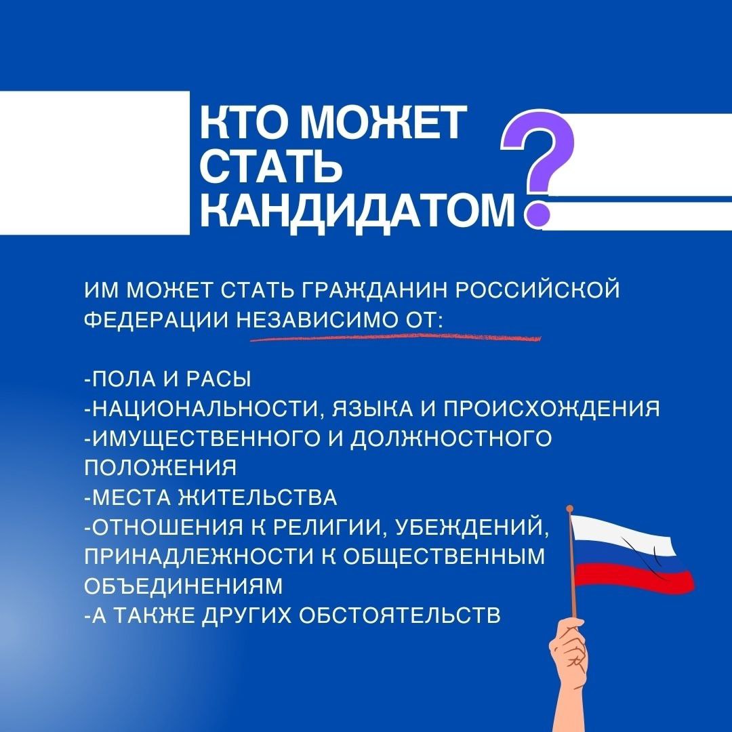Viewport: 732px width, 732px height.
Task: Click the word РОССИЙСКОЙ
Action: [537, 289]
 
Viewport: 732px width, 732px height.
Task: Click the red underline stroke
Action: [395, 337]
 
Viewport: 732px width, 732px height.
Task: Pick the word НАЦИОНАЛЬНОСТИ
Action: [205, 409]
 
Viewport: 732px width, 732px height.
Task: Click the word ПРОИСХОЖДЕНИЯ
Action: [551, 409]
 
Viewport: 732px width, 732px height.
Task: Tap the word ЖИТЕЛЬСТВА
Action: [258, 497]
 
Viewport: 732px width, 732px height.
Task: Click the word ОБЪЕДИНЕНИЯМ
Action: [184, 586]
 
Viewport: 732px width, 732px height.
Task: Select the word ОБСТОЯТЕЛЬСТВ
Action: [400, 615]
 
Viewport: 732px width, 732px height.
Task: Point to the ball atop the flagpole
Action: [569, 509]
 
